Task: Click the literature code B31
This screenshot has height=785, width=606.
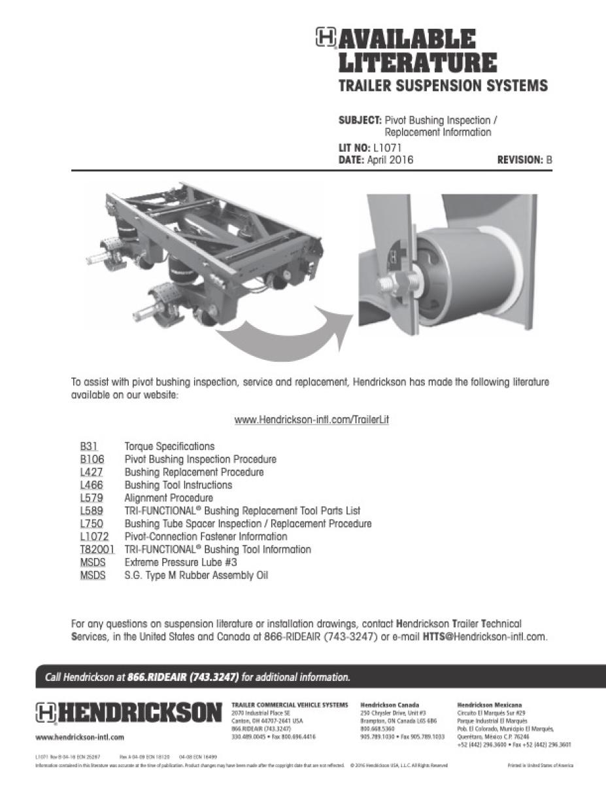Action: (89, 447)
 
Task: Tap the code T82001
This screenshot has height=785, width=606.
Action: (97, 549)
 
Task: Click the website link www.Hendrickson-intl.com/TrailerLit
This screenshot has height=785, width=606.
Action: (311, 420)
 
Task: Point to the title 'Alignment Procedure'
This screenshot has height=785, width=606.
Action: (169, 498)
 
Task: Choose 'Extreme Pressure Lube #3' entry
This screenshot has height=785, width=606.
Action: (180, 563)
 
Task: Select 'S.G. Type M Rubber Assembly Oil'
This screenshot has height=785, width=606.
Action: (196, 576)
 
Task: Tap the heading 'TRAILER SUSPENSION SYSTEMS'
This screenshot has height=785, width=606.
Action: (443, 86)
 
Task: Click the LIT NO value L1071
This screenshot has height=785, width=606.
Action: (392, 148)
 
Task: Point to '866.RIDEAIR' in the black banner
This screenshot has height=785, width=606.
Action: (157, 676)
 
